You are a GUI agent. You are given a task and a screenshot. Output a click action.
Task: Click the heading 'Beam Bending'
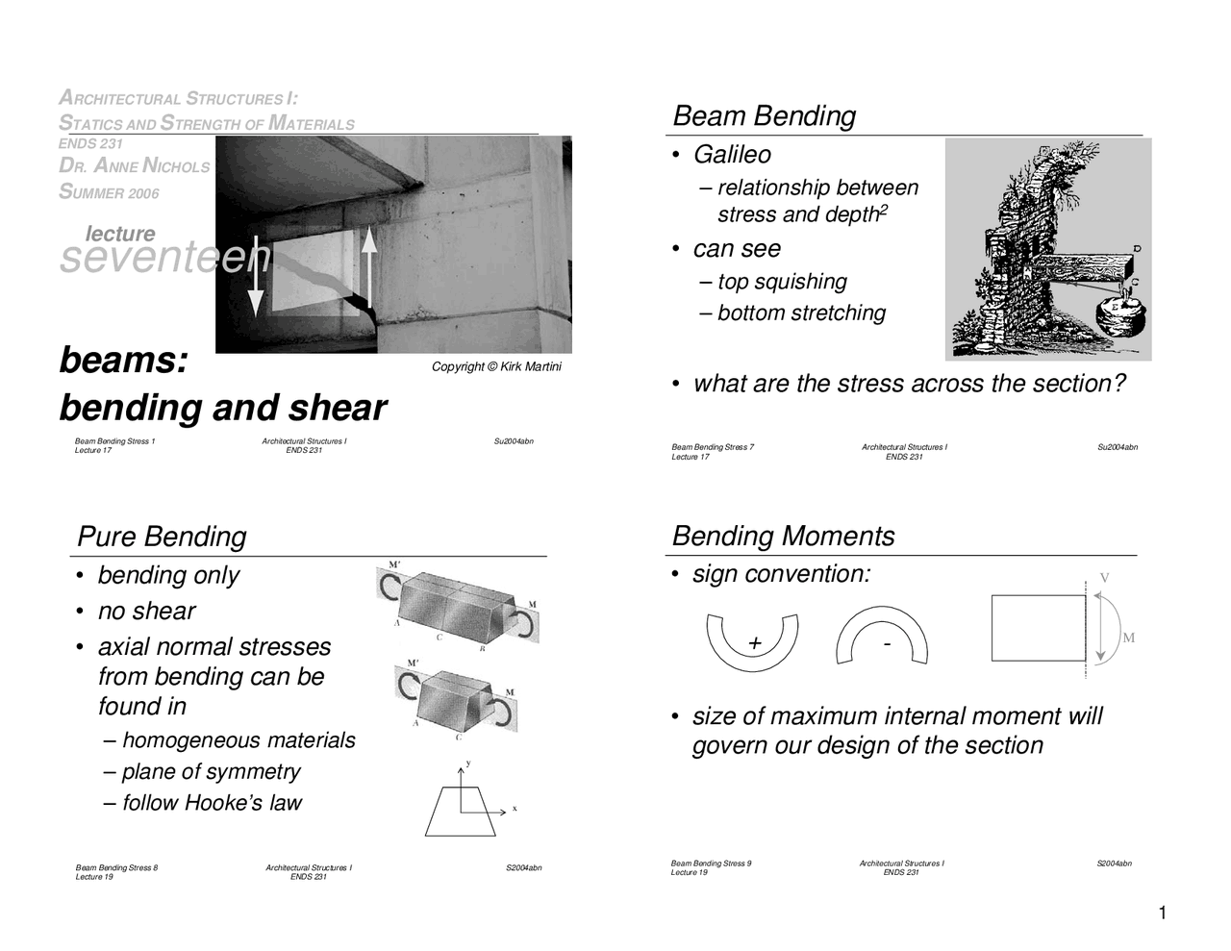(764, 116)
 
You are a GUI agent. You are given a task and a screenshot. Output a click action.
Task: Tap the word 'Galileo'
(732, 155)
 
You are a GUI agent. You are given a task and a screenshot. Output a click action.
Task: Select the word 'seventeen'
(164, 258)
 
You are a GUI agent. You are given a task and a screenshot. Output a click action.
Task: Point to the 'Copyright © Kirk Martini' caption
(496, 367)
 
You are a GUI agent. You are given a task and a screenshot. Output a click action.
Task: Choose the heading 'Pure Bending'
(162, 537)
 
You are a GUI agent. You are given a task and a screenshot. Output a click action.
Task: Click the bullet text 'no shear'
(146, 612)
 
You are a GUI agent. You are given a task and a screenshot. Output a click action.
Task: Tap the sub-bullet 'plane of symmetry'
(211, 772)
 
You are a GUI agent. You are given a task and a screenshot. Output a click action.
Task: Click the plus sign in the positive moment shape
(754, 643)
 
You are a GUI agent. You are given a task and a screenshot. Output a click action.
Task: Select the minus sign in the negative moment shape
(887, 641)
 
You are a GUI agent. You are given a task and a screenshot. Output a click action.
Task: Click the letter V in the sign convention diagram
(1105, 578)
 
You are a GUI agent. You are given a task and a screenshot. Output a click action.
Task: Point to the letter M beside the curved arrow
(1128, 638)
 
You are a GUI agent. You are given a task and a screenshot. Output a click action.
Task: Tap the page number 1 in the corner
(1162, 913)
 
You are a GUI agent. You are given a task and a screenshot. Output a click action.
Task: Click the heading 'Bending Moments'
(783, 537)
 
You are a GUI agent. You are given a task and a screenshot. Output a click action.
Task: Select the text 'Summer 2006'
(109, 192)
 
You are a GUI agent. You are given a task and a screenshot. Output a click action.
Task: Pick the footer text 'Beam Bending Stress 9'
(711, 863)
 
